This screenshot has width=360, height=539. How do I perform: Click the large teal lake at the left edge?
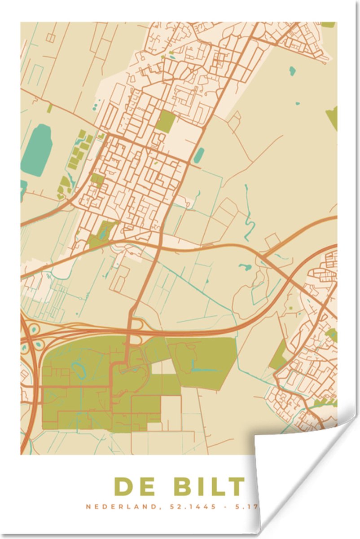[x=37, y=150]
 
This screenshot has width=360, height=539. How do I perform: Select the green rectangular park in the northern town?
[x=166, y=121]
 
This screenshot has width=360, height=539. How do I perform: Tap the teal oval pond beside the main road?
[x=198, y=155]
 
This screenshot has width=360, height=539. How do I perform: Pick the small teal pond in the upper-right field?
[x=292, y=71]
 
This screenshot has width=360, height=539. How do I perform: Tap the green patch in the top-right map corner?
[x=328, y=25]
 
